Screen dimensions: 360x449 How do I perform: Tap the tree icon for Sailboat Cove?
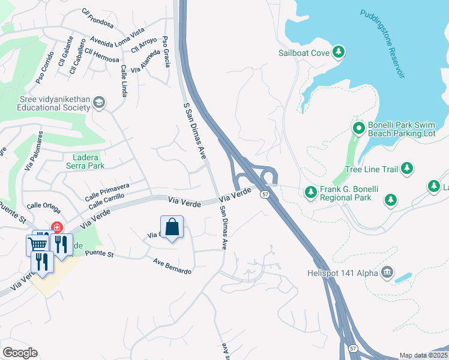(x=339, y=52)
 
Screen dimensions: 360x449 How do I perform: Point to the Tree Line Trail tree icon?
(x=407, y=169)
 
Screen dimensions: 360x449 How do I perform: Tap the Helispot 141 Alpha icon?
(x=387, y=273)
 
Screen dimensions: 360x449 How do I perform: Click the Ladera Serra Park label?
(x=84, y=161)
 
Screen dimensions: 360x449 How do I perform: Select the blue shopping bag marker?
(x=172, y=227)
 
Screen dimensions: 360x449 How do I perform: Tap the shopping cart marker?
(x=37, y=244)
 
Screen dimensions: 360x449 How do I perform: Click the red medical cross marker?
(x=56, y=227)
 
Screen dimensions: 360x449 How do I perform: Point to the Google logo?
(x=20, y=352)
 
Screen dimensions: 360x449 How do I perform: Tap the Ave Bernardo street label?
(x=172, y=266)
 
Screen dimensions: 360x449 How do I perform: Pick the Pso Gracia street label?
(x=166, y=54)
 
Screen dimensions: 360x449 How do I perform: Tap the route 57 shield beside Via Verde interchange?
(x=265, y=194)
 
